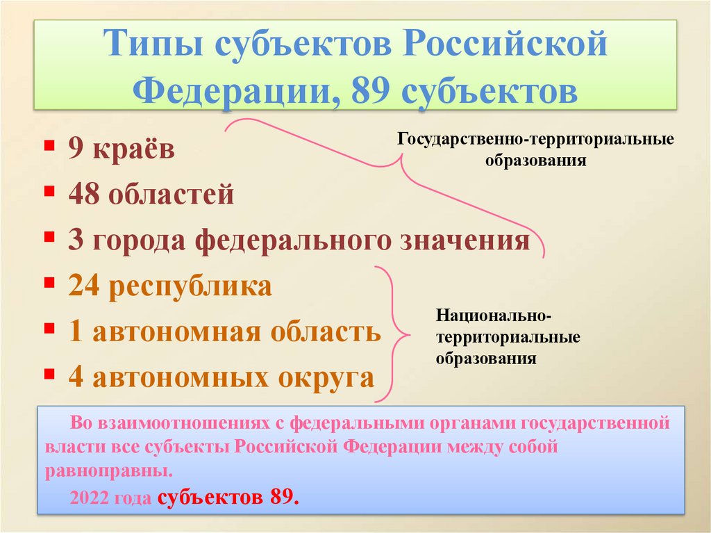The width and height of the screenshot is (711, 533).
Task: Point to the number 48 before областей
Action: coord(82,195)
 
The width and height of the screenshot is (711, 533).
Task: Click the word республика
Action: coord(187,286)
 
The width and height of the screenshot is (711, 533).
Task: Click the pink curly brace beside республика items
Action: coord(394,334)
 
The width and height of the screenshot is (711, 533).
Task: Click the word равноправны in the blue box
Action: coord(109,471)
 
